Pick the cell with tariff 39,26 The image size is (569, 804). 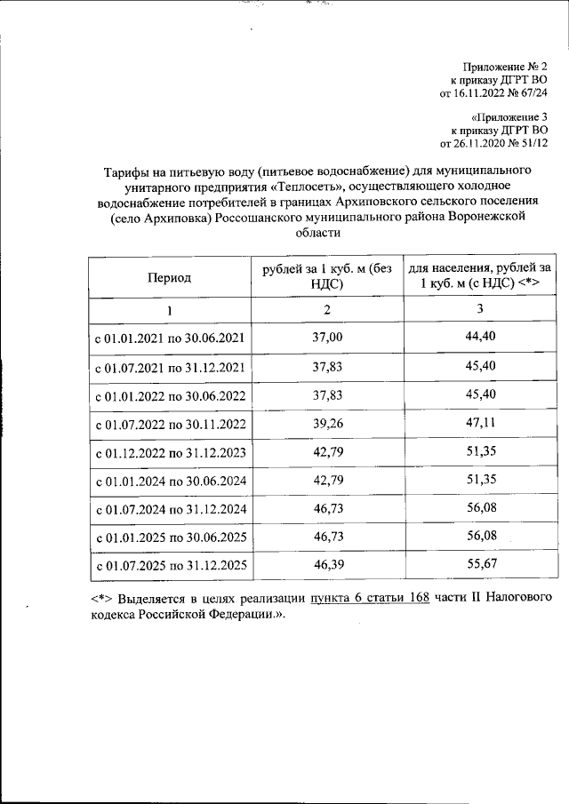pyautogui.click(x=327, y=424)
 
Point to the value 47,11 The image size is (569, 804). pyautogui.click(x=479, y=424)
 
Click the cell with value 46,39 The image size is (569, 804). pyautogui.click(x=327, y=565)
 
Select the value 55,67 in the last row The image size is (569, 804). pyautogui.click(x=479, y=565)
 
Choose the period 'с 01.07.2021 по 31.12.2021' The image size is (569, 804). pyautogui.click(x=169, y=366)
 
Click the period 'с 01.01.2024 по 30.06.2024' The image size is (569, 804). pyautogui.click(x=169, y=482)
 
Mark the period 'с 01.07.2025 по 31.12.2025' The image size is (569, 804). pyautogui.click(x=169, y=566)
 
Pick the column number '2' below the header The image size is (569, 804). pyautogui.click(x=327, y=309)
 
